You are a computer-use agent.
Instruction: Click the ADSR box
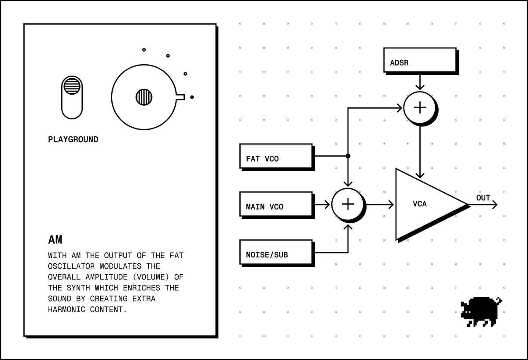tap(420, 60)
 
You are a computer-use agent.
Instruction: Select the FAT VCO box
tap(276, 156)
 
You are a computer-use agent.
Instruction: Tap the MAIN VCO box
tap(276, 204)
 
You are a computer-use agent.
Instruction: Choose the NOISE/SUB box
tap(276, 252)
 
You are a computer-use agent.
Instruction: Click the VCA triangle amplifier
tap(424, 204)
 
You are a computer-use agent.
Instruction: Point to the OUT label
tap(483, 198)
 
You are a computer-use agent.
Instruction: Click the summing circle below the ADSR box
tap(420, 108)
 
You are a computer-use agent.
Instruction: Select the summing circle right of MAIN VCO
tap(348, 204)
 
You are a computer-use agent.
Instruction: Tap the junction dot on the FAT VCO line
tap(348, 156)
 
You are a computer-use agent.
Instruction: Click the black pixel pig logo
tap(481, 312)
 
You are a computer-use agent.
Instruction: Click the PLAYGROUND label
tap(73, 140)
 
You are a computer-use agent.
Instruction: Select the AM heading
tap(55, 240)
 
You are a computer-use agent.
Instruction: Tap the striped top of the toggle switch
tap(72, 86)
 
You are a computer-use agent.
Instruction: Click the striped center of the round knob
tap(144, 97)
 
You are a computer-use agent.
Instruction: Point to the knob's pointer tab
tap(180, 97)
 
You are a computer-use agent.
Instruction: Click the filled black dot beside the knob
tap(192, 97)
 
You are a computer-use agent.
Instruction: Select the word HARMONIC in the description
tap(67, 309)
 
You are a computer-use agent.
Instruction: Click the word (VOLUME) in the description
tap(151, 277)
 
